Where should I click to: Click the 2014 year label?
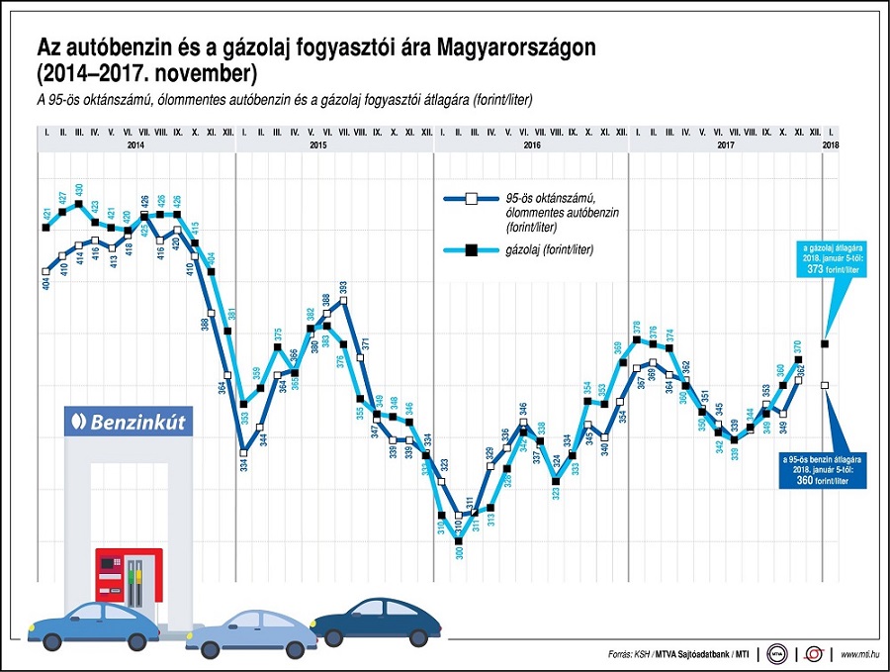[136, 144]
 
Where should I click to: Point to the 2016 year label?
[532, 144]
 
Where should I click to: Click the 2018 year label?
[830, 144]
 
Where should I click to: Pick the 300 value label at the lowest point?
[458, 553]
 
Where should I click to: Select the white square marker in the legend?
[472, 199]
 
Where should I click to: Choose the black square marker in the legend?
[472, 250]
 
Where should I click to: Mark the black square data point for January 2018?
[826, 343]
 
